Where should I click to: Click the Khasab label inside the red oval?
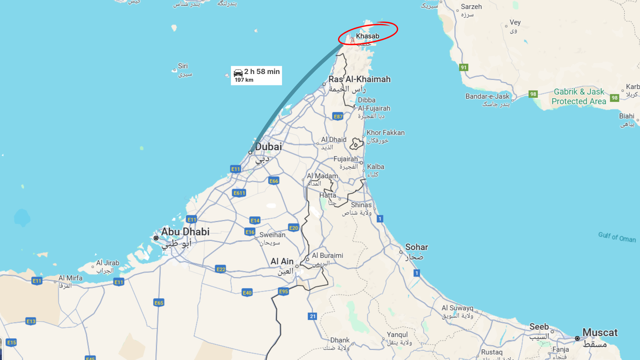coord(367,36)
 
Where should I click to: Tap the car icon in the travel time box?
coord(238,73)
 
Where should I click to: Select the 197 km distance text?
coord(244,80)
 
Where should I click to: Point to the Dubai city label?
coord(268,147)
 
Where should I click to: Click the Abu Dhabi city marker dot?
coord(156,238)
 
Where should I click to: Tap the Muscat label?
coord(600,332)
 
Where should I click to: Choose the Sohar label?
coord(416,247)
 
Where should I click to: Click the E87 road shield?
coord(338,116)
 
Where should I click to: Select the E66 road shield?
coord(274,181)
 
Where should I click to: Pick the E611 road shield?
coord(239,193)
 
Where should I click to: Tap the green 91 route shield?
coord(464,67)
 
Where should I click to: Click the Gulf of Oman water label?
coord(617,237)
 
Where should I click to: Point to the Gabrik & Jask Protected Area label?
coord(579,96)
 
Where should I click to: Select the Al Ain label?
coord(282,261)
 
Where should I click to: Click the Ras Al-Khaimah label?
coord(359,79)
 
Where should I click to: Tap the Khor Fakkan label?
coord(385,133)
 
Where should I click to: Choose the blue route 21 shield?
coord(312,316)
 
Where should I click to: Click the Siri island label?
coord(183,66)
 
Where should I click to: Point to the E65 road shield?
coord(159,303)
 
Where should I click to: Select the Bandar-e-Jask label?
coord(487,96)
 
